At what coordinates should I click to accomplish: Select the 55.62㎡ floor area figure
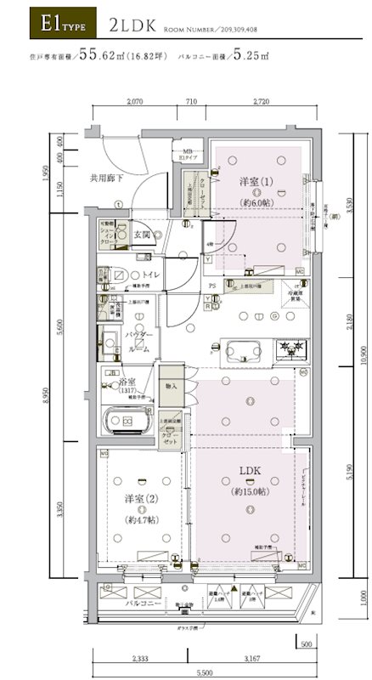pyautogui.click(x=103, y=58)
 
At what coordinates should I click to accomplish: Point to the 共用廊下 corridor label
pyautogui.click(x=106, y=179)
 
